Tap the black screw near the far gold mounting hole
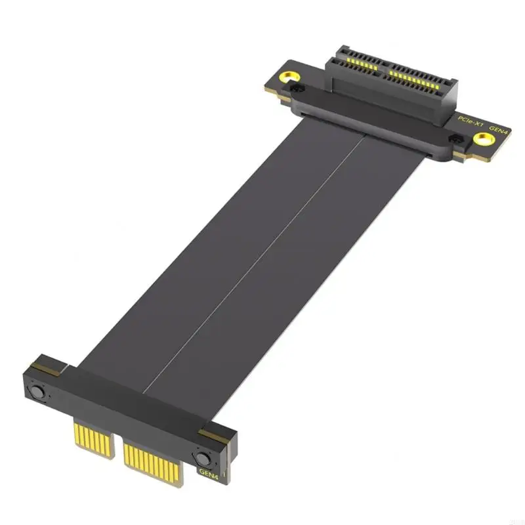click(x=300, y=87)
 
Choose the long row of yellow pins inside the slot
click(x=413, y=82)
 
